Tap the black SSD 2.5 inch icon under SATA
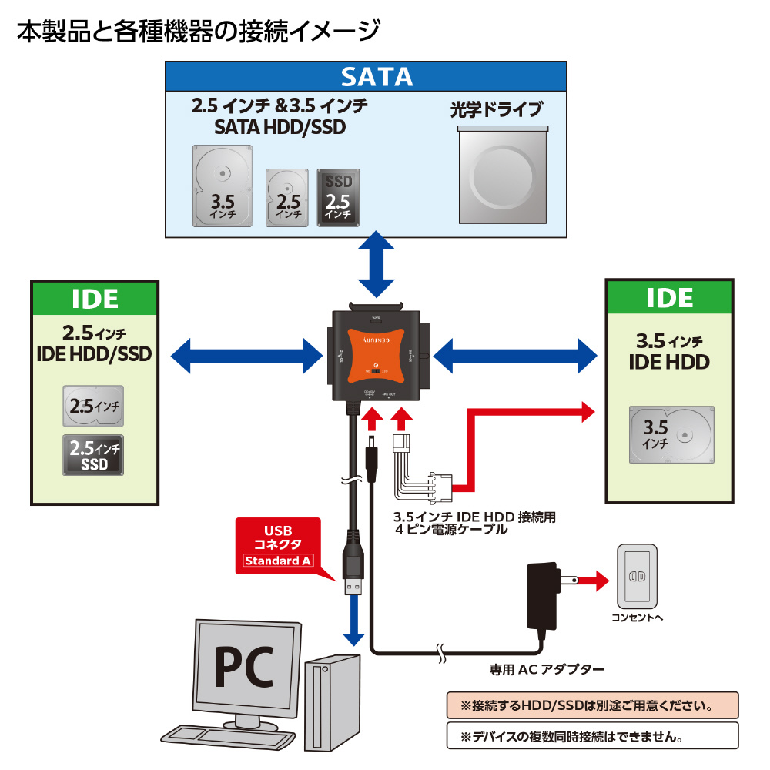(x=338, y=198)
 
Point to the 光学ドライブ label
(x=497, y=109)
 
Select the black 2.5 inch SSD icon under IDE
(x=93, y=455)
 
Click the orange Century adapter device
(x=377, y=354)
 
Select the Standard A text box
(x=278, y=561)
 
